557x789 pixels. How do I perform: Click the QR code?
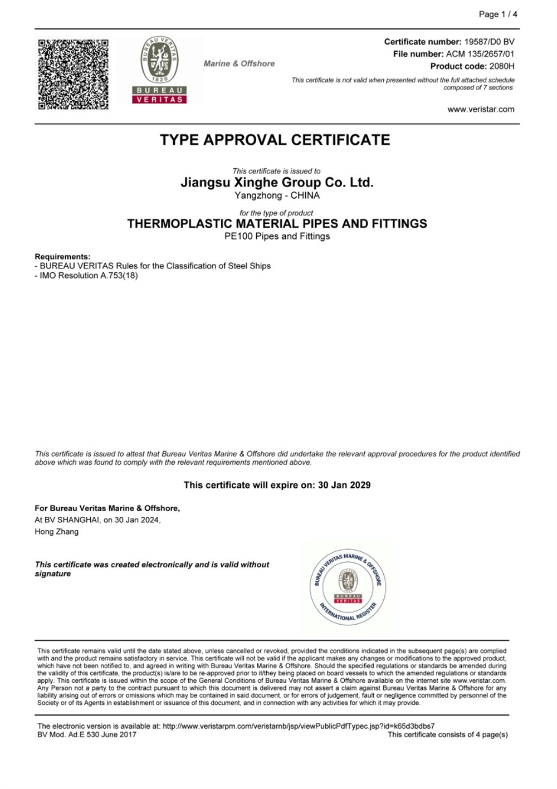point(73,74)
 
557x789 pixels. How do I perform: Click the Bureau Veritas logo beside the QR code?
point(159,70)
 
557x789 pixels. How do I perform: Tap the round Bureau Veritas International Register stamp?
point(348,586)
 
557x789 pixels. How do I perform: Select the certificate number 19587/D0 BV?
point(489,42)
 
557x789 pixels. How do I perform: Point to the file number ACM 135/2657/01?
point(480,54)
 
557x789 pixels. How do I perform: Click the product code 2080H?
point(501,66)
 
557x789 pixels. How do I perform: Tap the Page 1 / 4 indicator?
point(498,14)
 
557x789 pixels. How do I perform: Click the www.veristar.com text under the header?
point(481,109)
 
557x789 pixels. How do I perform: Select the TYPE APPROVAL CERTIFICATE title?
point(275,140)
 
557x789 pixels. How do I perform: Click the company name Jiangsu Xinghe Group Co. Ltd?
point(277,183)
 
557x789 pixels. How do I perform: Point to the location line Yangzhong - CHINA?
point(277,195)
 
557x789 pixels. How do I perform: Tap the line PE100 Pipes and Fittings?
point(277,236)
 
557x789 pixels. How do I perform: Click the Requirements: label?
point(62,257)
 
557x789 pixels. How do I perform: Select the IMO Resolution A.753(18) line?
point(86,276)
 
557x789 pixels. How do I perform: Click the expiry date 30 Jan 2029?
point(344,485)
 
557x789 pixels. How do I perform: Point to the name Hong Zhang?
point(57,532)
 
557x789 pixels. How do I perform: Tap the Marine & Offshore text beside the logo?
point(239,63)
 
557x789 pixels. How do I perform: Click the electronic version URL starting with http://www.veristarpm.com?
point(299,726)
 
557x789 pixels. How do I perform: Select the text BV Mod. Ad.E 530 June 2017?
point(87,734)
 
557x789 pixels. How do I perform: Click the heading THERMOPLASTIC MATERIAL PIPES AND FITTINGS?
point(277,224)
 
